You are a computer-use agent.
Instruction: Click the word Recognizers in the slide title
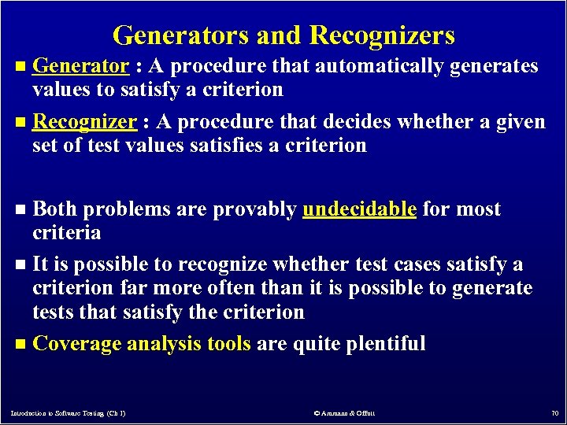coord(383,35)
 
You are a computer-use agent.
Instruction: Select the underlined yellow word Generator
coord(81,66)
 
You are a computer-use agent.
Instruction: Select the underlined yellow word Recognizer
coord(86,122)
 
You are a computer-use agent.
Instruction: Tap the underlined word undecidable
coord(359,209)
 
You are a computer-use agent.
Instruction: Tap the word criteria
coord(66,233)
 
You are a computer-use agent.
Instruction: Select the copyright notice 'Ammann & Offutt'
coord(347,413)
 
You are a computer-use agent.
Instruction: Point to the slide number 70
coord(553,413)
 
